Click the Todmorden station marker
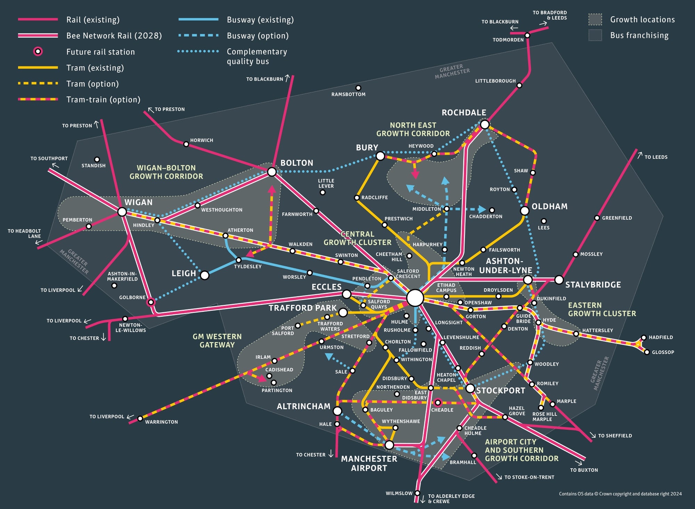tap(527, 35)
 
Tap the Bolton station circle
tap(272, 172)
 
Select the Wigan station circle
tap(122, 212)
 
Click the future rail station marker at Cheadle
tap(438, 403)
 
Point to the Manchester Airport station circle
tap(389, 445)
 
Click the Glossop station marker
tap(647, 352)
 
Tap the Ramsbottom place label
tap(348, 94)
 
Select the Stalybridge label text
tap(593, 285)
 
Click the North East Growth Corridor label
tap(413, 129)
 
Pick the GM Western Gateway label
tap(217, 341)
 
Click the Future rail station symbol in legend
tap(38, 52)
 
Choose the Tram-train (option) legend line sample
tap(38, 99)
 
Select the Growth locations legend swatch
tap(595, 19)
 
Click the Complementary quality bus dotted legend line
tap(198, 51)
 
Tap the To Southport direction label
tap(49, 159)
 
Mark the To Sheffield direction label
tap(615, 436)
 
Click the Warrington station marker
tap(140, 419)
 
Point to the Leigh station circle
tap(205, 275)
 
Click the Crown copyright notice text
tap(620, 494)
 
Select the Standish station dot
tap(97, 160)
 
